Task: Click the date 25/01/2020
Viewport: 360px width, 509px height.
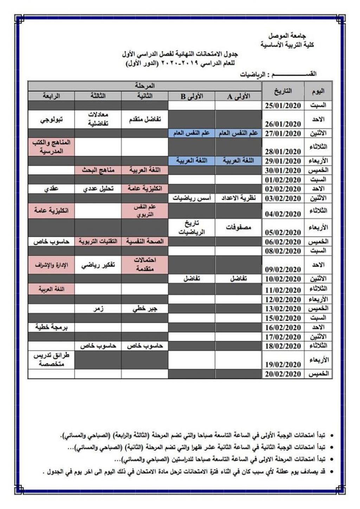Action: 283,105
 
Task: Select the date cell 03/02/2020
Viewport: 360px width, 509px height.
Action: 283,198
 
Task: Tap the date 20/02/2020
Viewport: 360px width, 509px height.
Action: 283,374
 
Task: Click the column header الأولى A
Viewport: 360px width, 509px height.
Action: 238,96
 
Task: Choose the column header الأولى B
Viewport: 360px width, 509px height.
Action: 192,96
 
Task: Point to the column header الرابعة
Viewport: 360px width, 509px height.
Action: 51,96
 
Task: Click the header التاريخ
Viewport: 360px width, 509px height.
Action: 283,91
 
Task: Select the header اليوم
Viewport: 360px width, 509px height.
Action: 318,91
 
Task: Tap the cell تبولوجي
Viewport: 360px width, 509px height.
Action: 51,120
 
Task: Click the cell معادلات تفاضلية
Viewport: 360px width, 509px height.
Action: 98,120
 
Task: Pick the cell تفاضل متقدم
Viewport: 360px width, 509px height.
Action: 144,120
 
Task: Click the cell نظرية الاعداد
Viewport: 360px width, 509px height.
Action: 238,198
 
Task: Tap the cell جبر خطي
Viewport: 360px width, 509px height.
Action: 144,309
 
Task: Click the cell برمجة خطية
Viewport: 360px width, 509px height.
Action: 51,327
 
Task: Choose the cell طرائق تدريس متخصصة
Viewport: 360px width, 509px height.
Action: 51,360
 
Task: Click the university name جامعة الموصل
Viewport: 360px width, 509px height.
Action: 287,36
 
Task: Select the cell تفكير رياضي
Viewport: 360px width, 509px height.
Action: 98,265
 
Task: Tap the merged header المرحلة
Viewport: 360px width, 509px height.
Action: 144,86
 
